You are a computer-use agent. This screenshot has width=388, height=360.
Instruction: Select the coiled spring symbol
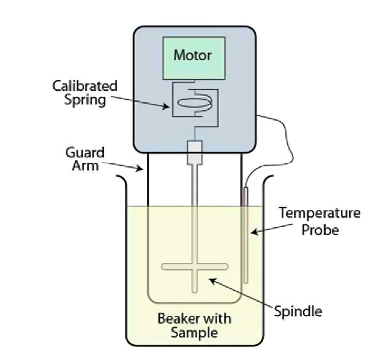[x=192, y=104]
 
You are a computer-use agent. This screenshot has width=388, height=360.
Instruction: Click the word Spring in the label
[x=85, y=100]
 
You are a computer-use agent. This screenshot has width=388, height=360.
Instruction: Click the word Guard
[x=85, y=153]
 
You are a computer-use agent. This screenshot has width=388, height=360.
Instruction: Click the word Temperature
[x=319, y=214]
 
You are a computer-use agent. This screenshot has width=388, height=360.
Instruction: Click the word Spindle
[x=298, y=312]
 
